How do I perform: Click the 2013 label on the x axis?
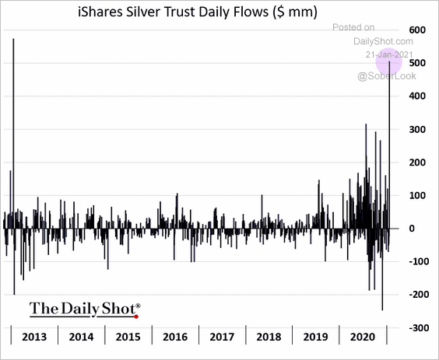point(33,337)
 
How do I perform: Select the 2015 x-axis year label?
point(128,337)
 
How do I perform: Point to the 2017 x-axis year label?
point(223,337)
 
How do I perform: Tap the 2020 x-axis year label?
point(363,337)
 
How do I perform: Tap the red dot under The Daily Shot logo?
point(135,316)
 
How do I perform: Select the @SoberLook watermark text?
point(386,75)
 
